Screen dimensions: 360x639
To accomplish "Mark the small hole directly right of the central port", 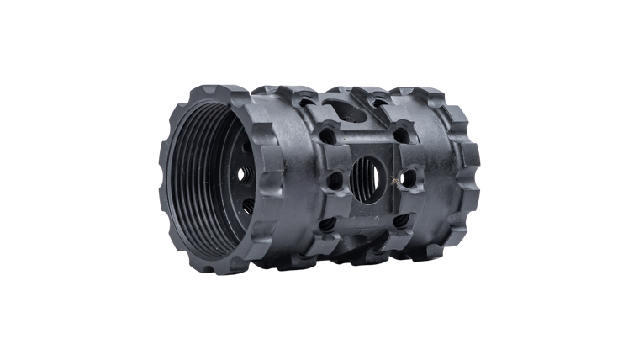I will (409, 177).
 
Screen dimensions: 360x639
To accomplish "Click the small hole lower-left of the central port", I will (328, 223).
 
